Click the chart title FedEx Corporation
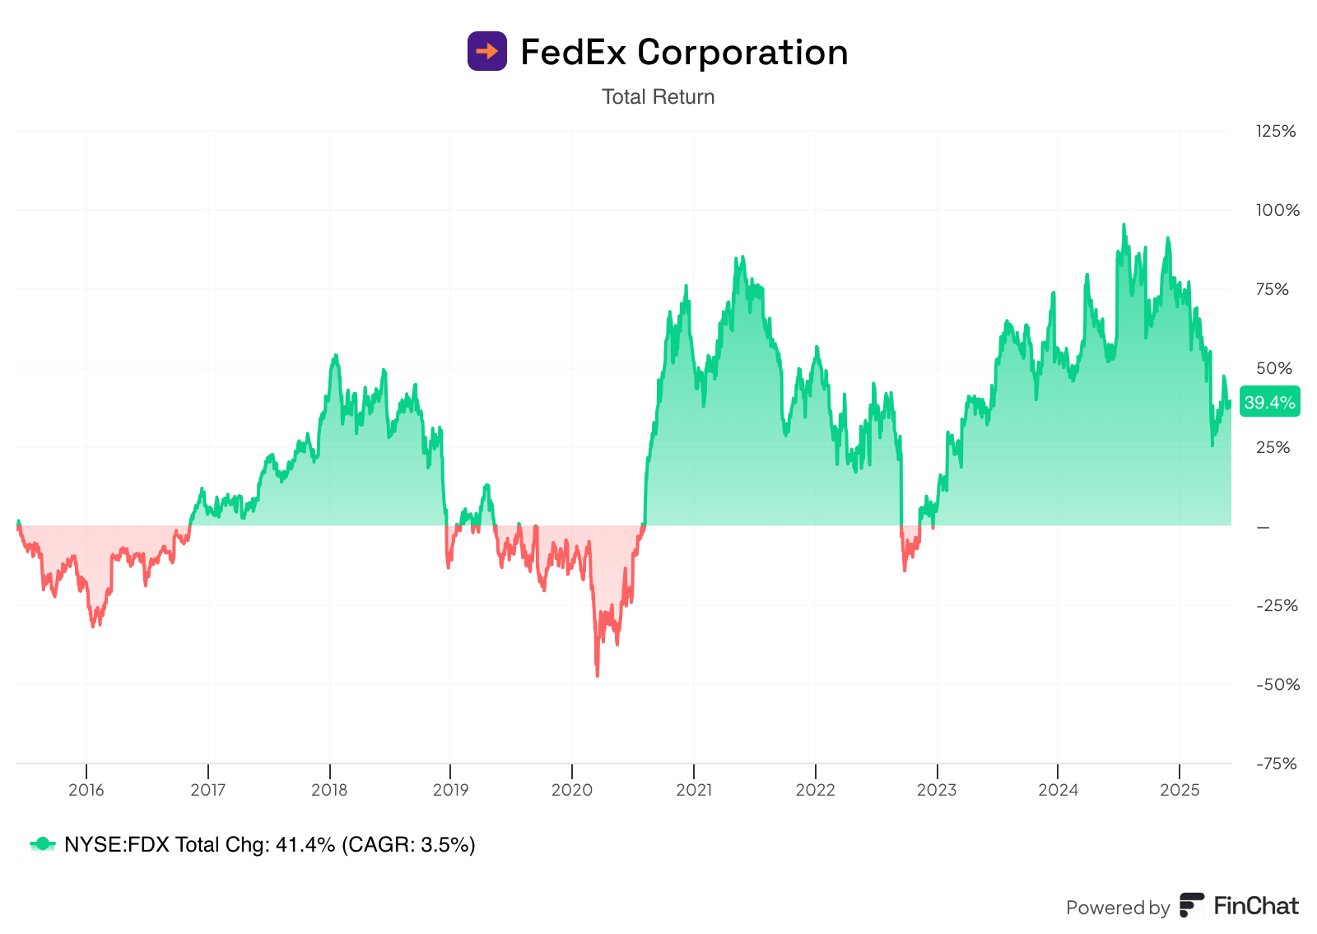pos(684,52)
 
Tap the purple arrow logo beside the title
pos(487,51)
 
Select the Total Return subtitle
pos(658,96)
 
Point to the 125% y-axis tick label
pos(1275,131)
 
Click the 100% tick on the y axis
pos(1277,210)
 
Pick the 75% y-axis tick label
pos(1272,289)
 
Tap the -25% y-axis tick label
pos(1277,605)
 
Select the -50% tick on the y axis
pos(1277,684)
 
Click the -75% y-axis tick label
pos(1277,764)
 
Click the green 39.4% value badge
pos(1269,402)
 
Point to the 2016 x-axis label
pos(86,790)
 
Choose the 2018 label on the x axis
pos(329,790)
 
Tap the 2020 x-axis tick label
pos(572,790)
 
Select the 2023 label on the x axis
pos(937,790)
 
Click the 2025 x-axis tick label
pos(1180,790)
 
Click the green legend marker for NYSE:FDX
pos(43,844)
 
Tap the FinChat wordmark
pos(1255,906)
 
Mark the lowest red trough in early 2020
pos(597,675)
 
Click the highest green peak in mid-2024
pos(1124,225)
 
